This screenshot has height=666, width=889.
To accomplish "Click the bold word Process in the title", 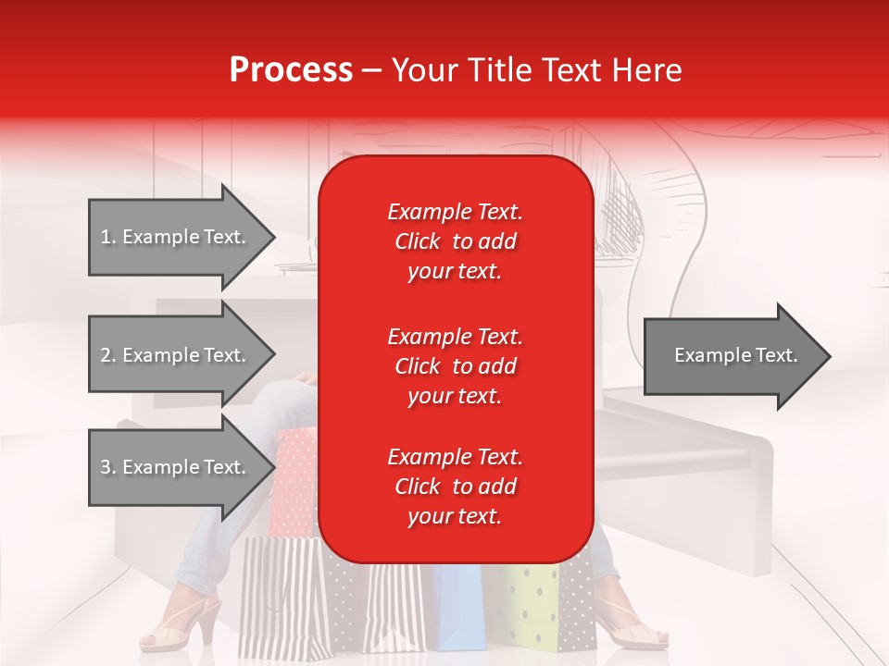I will [291, 70].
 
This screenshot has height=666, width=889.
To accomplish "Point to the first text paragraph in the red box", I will [455, 241].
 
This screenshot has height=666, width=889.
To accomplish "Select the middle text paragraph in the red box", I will [455, 366].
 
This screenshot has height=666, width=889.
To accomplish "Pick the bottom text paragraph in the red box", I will [455, 487].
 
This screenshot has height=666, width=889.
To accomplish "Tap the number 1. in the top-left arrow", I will [108, 237].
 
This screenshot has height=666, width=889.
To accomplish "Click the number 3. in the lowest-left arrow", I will [108, 467].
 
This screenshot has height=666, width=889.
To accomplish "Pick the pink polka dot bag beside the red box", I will [296, 481].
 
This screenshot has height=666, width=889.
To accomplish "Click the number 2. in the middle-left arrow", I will [108, 355].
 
